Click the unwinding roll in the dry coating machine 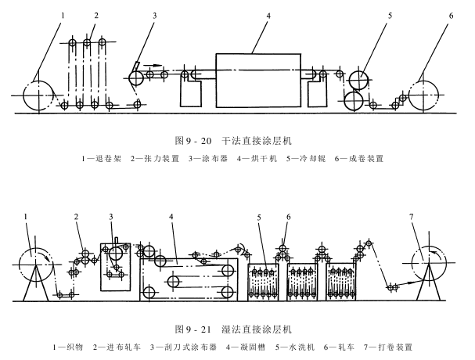37,95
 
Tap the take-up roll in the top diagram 430,95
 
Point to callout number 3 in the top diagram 155,16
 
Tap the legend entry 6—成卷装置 359,159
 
